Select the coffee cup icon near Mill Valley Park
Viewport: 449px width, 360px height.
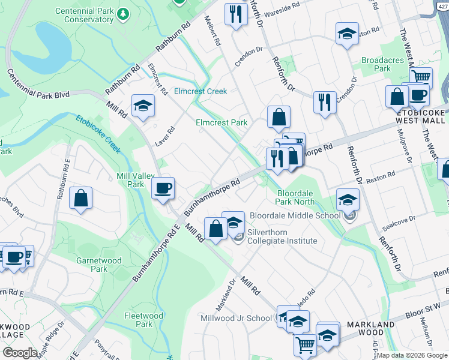pyautogui.click(x=163, y=189)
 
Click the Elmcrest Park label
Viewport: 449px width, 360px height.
pyautogui.click(x=221, y=122)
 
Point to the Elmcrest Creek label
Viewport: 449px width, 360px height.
pyautogui.click(x=200, y=91)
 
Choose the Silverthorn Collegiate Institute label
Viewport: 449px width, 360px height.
pyautogui.click(x=282, y=236)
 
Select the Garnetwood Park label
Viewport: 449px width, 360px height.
pyautogui.click(x=99, y=265)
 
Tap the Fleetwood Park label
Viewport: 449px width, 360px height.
pyautogui.click(x=143, y=319)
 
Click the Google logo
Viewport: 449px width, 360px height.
pyautogui.click(x=20, y=353)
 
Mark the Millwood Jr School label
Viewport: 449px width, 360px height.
pyautogui.click(x=236, y=318)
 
